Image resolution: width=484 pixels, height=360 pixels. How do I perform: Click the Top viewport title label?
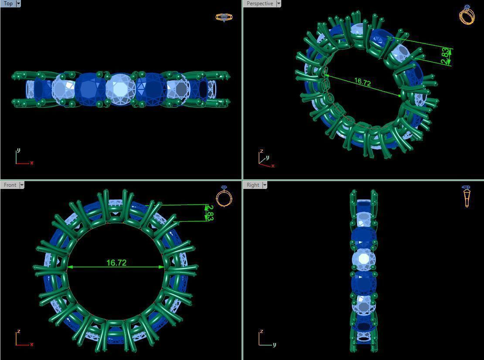coord(8,3)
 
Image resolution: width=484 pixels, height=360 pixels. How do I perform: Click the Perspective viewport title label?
coord(259,3)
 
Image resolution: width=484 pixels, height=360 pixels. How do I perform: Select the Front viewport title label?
coord(10,185)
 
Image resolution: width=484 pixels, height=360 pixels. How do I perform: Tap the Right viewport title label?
coord(253,185)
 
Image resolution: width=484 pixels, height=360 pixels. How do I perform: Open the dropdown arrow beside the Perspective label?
coord(279,3)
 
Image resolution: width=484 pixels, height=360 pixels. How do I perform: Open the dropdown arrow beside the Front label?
coord(22,185)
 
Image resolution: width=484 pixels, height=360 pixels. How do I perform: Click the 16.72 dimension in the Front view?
coord(116,263)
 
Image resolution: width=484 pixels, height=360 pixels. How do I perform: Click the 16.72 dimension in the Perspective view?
coord(362,82)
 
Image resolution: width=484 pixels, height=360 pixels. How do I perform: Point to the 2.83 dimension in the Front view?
coord(210,213)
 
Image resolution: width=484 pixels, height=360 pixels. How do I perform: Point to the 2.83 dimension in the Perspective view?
coord(445,56)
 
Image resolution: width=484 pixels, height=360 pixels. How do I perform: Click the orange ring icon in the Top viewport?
coord(224,17)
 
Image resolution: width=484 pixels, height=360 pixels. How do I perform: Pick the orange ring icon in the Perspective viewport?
coord(467,15)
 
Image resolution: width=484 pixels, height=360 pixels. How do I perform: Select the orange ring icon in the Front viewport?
coord(224,196)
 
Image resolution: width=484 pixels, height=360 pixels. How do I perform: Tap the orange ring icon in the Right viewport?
coord(467,196)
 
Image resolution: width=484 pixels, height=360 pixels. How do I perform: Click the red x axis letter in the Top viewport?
coord(32,163)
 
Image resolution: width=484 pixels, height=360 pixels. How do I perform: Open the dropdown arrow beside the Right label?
coord(265,185)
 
